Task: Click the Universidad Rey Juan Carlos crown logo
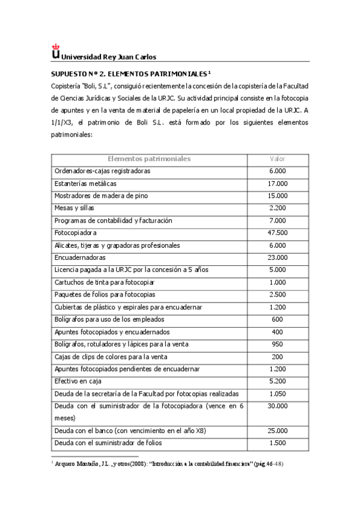56,51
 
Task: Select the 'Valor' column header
278,159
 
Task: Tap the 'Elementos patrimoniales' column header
148,159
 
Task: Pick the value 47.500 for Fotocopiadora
278,233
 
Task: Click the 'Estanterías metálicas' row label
85,183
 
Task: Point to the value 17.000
278,183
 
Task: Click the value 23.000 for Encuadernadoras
278,257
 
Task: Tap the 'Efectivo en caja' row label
78,381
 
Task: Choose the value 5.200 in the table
278,381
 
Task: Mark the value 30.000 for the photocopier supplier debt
278,406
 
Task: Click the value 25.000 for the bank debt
278,431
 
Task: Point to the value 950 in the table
278,344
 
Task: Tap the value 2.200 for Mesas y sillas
278,208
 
